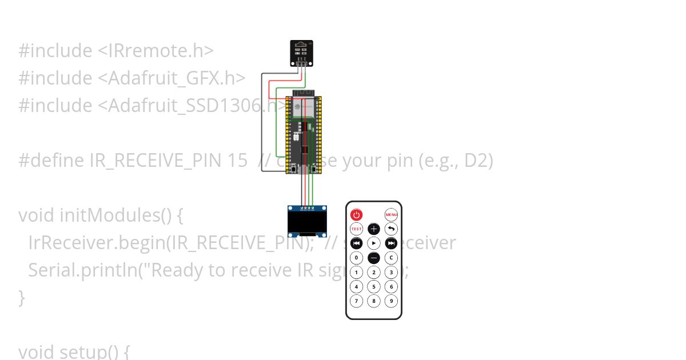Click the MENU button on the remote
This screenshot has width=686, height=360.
pos(391,215)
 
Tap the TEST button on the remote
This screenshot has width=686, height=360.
pos(356,229)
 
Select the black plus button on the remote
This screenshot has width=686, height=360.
pos(374,229)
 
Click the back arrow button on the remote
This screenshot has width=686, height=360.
pos(391,229)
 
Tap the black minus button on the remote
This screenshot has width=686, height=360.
pos(374,258)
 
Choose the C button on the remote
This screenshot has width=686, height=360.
pos(391,258)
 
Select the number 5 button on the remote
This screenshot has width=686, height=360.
pos(374,286)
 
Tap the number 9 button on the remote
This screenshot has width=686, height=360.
pos(391,301)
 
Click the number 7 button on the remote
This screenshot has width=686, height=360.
pos(356,301)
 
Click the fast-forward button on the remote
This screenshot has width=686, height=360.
pos(391,243)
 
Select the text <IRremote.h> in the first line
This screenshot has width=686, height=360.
pos(155,51)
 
